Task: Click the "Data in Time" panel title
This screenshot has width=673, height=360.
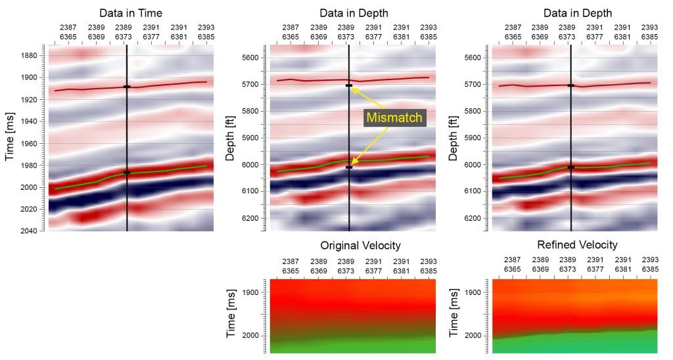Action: pyautogui.click(x=131, y=12)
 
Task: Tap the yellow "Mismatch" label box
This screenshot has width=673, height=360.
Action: pyautogui.click(x=396, y=118)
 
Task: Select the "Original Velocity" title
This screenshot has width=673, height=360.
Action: pyautogui.click(x=360, y=245)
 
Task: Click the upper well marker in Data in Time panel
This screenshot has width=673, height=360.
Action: pyautogui.click(x=127, y=87)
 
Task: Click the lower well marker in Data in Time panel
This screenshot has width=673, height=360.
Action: pyautogui.click(x=127, y=173)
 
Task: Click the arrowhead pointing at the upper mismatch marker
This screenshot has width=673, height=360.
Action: pyautogui.click(x=354, y=89)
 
